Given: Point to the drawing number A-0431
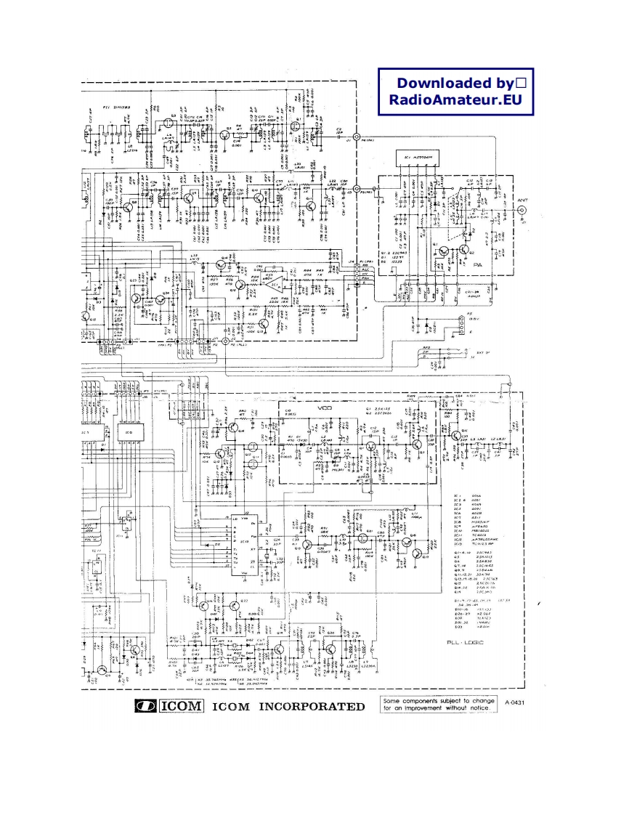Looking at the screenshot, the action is (514, 702).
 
